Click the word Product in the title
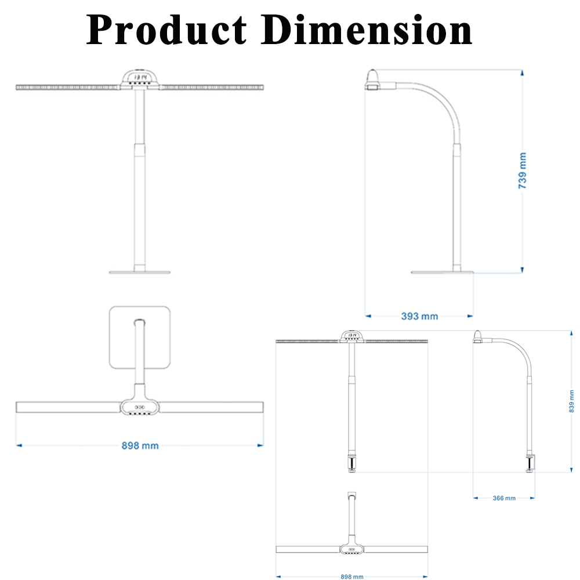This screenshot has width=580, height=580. point(167,30)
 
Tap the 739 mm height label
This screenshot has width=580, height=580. point(523,171)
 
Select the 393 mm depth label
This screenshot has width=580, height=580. point(419,316)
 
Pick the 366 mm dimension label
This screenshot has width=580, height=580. point(503,498)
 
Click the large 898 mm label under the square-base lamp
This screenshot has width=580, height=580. point(140,445)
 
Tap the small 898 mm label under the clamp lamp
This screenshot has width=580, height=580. point(351,577)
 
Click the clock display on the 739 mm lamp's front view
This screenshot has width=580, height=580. point(140,77)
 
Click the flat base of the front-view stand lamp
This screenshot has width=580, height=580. point(140,271)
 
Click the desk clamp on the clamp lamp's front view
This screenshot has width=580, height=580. point(351,465)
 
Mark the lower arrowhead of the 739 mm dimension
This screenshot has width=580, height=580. point(523,269)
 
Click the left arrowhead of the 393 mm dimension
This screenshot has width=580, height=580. point(368,316)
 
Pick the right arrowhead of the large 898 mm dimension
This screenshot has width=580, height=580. point(260,445)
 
